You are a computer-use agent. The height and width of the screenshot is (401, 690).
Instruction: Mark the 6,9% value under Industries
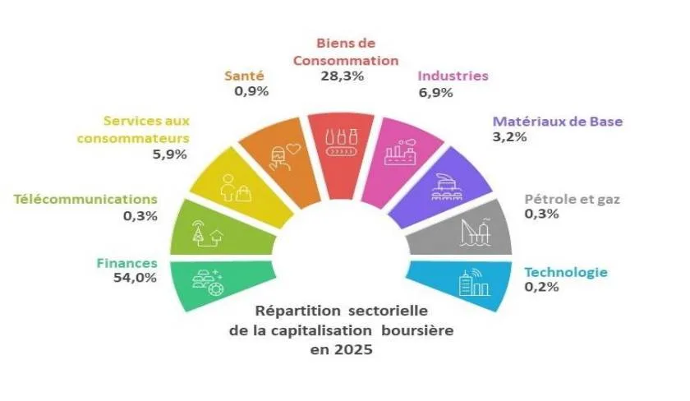(435, 92)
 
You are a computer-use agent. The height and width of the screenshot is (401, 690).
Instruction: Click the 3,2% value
(509, 137)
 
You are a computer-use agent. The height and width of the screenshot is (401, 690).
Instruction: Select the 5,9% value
(170, 154)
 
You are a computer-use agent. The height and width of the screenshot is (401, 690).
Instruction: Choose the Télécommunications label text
(85, 199)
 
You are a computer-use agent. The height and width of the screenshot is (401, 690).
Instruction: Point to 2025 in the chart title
(354, 348)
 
